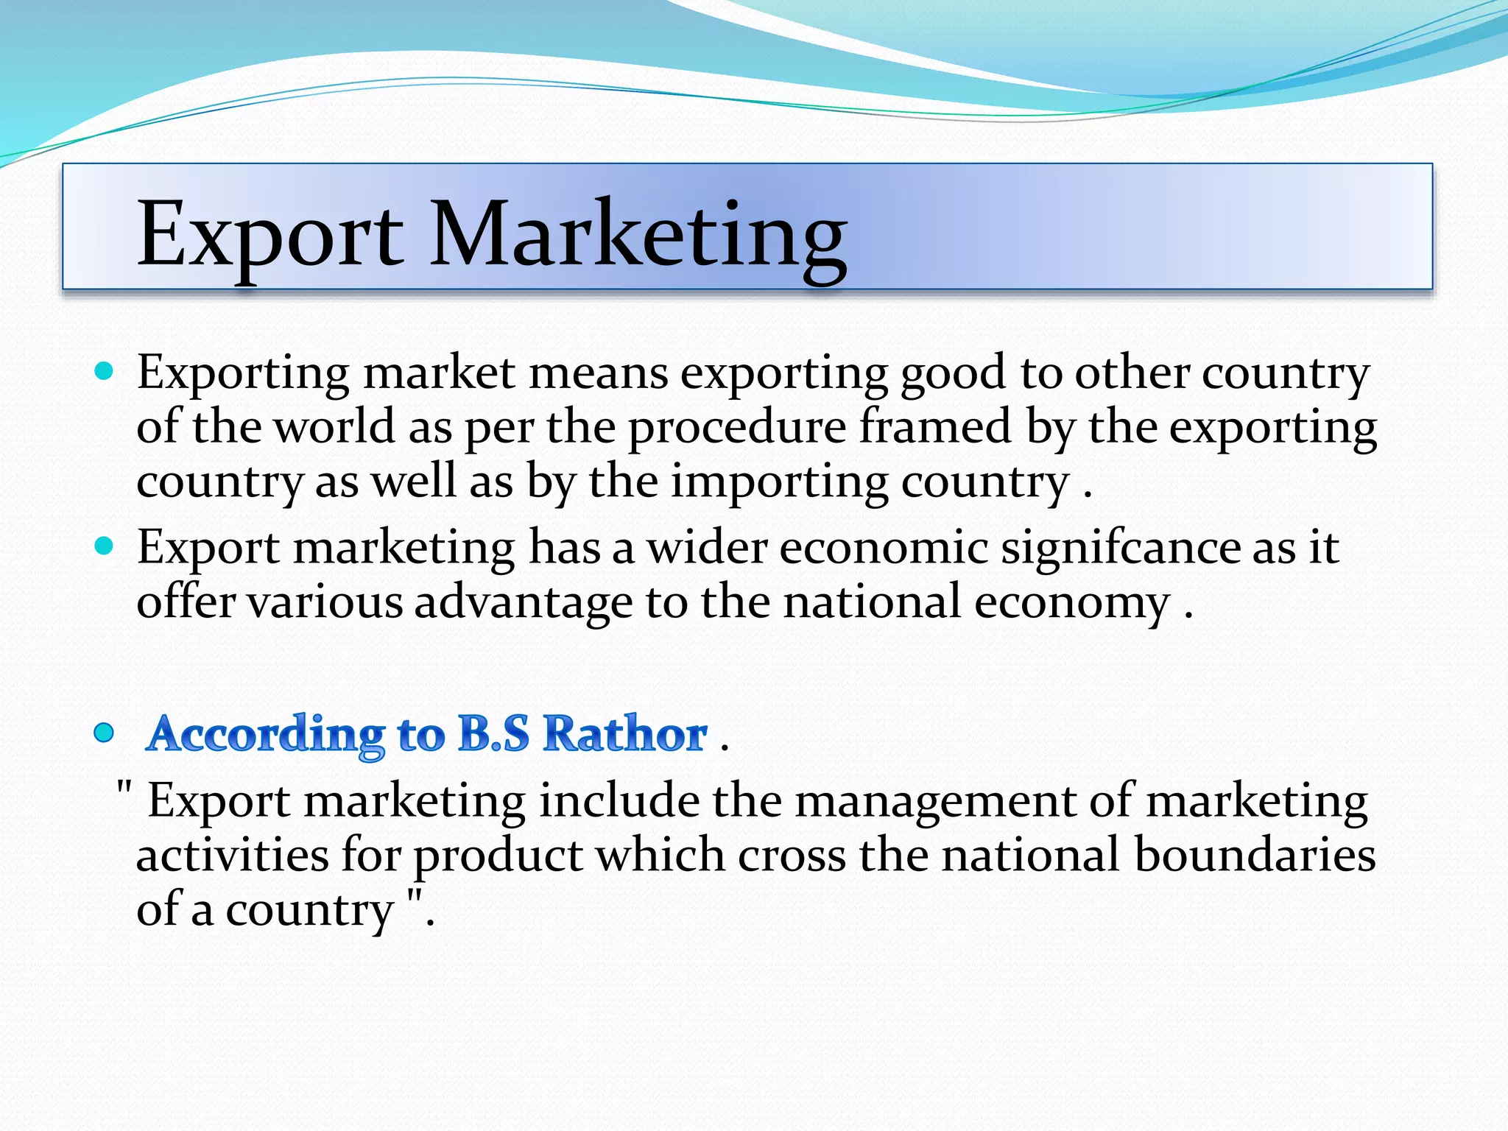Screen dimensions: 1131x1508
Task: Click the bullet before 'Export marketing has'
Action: coord(105,546)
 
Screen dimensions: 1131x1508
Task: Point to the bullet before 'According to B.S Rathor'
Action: coord(105,733)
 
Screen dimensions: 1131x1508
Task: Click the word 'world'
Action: coord(334,427)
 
